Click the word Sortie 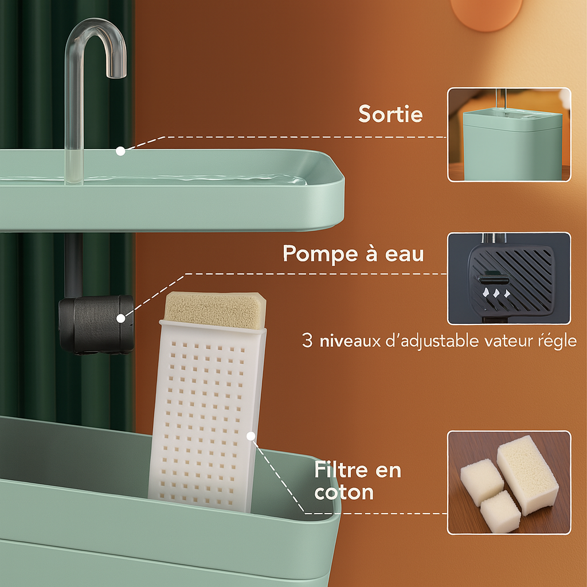pos(390,114)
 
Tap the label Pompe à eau pos(353,254)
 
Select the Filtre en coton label pos(358,481)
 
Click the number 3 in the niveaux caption pos(307,341)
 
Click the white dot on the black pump pos(120,319)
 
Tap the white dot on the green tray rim pos(120,151)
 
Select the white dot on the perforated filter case pos(251,436)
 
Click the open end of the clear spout pos(116,76)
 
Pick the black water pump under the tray pos(96,324)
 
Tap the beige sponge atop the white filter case pos(215,310)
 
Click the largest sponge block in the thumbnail pos(527,475)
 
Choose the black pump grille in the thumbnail pos(511,279)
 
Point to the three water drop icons pos(496,293)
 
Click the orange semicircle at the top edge pos(486,14)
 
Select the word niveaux pos(350,341)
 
